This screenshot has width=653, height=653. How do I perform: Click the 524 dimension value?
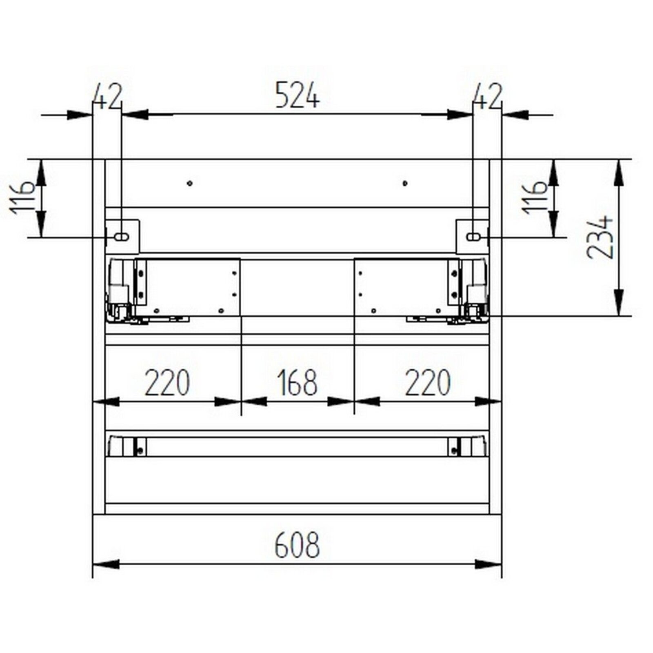(x=297, y=95)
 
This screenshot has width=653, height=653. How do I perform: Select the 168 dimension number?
(x=297, y=382)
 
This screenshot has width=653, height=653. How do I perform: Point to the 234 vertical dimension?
(x=600, y=237)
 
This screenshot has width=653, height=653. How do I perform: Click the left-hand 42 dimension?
(x=108, y=97)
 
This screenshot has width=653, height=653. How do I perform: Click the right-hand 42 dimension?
(x=487, y=97)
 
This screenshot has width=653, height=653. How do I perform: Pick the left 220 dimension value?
(x=167, y=382)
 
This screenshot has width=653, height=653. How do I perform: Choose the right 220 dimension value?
(x=427, y=382)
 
